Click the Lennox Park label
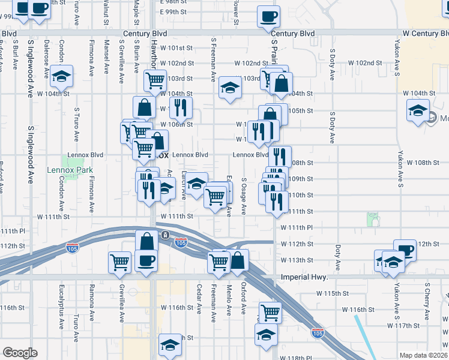tap(67, 170)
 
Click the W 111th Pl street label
tap(297, 227)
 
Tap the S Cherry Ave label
tap(427, 304)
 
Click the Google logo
tap(20, 353)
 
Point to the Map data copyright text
tap(423, 355)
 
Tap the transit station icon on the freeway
tap(164, 235)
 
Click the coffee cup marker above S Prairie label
tap(268, 16)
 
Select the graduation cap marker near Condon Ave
tap(61, 76)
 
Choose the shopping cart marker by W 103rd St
tap(155, 80)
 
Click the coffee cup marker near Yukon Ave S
tap(405, 250)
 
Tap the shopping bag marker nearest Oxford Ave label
tap(238, 260)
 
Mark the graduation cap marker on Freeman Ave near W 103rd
tap(229, 88)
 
